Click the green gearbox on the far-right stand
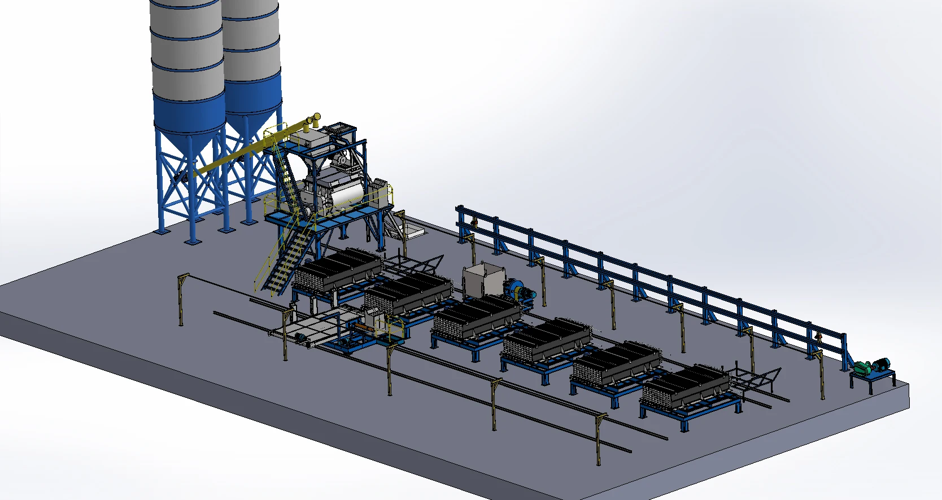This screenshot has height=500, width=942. [862, 367]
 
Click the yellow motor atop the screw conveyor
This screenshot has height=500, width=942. [315, 119]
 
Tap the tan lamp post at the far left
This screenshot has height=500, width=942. [182, 299]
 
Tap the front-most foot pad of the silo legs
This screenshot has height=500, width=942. [193, 241]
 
